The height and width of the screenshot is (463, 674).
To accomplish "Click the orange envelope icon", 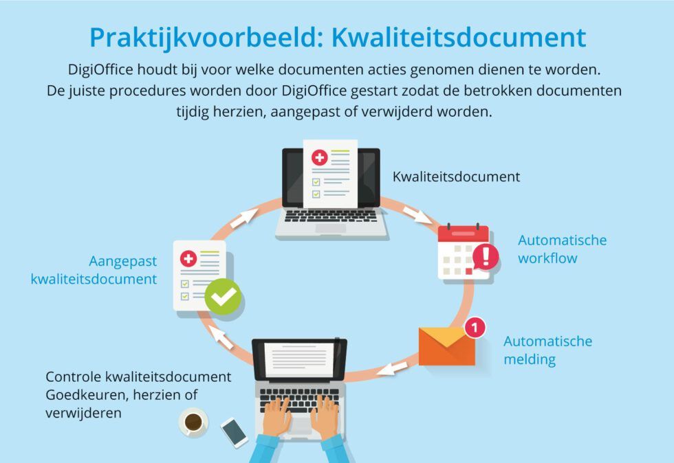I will click(447, 346).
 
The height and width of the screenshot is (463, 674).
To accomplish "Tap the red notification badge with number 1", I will click(474, 328).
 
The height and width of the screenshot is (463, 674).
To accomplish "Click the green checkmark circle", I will click(224, 297).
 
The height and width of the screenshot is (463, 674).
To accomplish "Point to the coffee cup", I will click(193, 422).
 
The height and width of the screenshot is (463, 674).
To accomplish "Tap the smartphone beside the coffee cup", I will click(235, 432).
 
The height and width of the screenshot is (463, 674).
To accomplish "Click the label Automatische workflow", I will click(562, 249).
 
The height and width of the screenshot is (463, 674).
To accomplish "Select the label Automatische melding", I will click(547, 350).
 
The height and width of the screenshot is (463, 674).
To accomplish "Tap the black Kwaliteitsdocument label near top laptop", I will click(456, 177).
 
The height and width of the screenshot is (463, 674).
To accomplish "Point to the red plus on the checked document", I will click(188, 259).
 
